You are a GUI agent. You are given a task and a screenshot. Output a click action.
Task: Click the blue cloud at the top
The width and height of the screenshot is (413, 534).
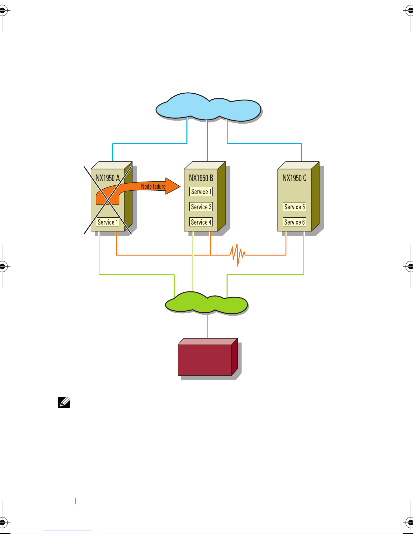coord(208,107)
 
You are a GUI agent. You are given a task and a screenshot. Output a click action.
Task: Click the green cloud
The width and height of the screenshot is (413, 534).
coord(206,303)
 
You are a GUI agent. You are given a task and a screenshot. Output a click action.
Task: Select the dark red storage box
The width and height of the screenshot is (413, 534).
coord(205,359)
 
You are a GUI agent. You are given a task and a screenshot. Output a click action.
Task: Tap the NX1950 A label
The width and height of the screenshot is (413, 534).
coord(108,178)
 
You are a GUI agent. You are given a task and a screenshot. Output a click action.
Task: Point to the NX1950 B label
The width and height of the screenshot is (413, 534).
coord(201,178)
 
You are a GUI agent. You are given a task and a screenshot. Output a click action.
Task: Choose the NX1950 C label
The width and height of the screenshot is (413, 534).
coord(294,178)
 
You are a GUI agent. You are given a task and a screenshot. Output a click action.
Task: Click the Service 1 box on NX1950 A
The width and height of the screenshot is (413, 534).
coord(108,222)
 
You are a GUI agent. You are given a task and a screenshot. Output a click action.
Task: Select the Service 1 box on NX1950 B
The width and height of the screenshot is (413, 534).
coord(201,192)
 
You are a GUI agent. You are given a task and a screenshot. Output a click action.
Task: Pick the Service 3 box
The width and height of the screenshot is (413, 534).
coord(201,207)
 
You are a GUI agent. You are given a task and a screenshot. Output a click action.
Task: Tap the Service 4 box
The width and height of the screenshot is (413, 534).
coord(201,222)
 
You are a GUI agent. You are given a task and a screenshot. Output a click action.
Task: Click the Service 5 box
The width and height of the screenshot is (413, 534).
coord(294,207)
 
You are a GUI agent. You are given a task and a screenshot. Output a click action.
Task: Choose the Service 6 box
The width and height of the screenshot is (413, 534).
coord(294,222)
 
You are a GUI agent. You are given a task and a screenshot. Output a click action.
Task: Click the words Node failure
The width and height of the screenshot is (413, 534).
coord(153,186)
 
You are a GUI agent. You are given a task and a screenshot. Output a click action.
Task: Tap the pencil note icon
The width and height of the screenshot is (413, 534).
coord(64,403)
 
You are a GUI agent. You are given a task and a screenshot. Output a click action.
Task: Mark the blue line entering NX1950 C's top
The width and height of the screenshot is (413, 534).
coord(301,153)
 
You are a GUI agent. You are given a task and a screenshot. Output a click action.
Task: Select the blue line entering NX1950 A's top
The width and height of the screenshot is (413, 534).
coord(113,153)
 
